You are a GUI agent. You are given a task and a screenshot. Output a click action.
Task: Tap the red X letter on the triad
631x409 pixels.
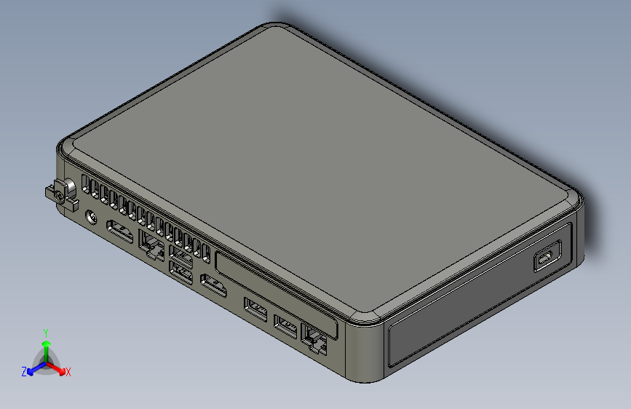(x=68, y=372)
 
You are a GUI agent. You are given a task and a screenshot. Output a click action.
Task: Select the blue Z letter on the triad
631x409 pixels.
(x=24, y=372)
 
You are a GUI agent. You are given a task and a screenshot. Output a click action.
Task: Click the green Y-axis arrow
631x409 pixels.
(x=46, y=346)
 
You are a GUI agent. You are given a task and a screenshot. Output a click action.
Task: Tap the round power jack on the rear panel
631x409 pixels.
(x=92, y=217)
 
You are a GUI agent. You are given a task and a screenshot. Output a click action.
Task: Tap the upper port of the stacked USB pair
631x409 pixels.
(x=180, y=256)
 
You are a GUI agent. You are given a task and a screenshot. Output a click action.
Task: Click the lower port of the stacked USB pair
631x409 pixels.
(x=180, y=272)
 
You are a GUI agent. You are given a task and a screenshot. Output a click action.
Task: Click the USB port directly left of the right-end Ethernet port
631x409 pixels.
(x=286, y=327)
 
